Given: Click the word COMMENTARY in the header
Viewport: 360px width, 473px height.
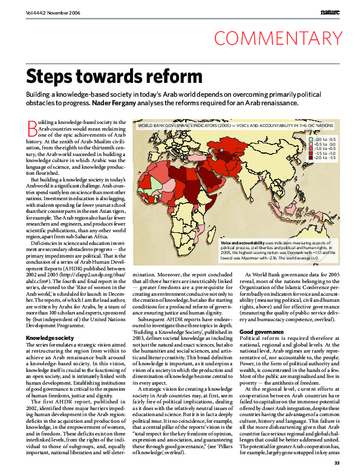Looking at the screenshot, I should (278, 39).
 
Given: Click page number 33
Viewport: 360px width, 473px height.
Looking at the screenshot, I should (336, 463).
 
